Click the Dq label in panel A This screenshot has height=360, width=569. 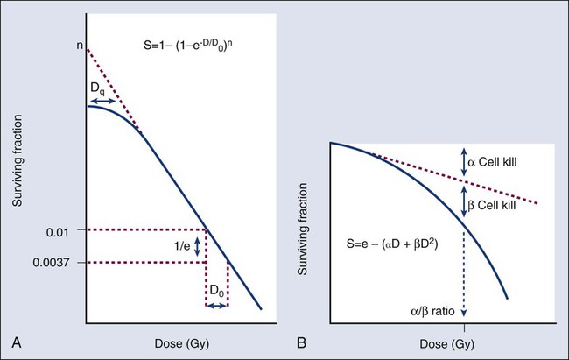tap(101, 87)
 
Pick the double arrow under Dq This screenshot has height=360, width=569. tap(101, 102)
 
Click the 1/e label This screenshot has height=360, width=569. tap(180, 247)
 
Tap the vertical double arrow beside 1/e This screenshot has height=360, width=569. tap(198, 246)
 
